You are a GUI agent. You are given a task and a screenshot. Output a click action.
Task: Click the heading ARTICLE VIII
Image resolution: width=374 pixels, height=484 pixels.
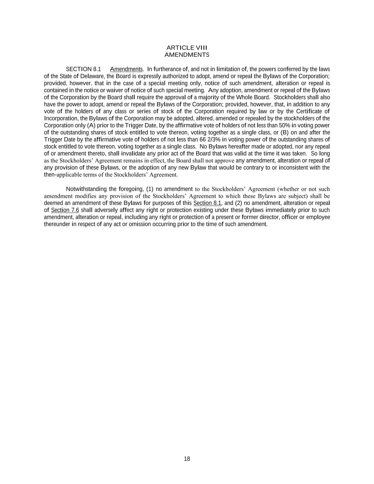pyautogui.click(x=187, y=48)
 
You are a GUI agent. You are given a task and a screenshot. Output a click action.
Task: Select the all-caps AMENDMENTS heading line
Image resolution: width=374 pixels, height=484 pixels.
pyautogui.click(x=187, y=55)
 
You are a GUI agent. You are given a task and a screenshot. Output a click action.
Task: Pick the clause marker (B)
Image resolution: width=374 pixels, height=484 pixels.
pyautogui.click(x=285, y=133)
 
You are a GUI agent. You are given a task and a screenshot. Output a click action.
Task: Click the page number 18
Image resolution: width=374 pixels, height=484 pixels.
pyautogui.click(x=187, y=459)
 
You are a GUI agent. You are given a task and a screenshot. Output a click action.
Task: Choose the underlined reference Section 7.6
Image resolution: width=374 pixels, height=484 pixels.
pyautogui.click(x=65, y=210)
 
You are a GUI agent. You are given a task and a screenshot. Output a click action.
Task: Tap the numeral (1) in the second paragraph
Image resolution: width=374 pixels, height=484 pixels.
pyautogui.click(x=150, y=189)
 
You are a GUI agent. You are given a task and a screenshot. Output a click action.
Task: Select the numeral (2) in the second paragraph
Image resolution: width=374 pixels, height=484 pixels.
pyautogui.click(x=239, y=203)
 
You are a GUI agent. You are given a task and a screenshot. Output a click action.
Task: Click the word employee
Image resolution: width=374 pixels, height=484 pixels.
pyautogui.click(x=318, y=217)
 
